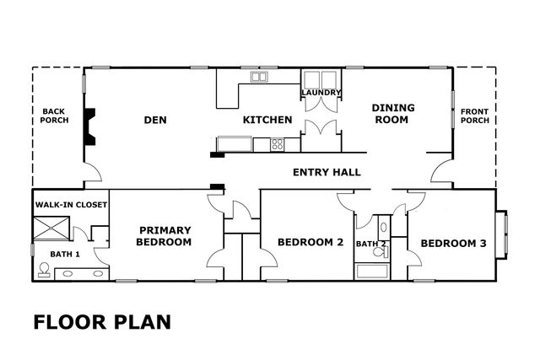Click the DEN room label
click(155, 120)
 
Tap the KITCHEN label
click(267, 120)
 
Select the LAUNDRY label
click(321, 93)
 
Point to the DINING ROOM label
click(392, 114)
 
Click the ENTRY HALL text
click(327, 172)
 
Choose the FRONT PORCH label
click(475, 116)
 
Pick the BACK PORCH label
click(54, 116)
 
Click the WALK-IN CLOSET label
click(71, 205)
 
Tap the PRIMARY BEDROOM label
click(164, 236)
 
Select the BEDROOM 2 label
click(310, 242)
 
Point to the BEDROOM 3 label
click(454, 244)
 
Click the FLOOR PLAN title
click(102, 322)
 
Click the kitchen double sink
click(259, 77)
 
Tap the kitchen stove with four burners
click(278, 144)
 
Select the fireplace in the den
click(89, 126)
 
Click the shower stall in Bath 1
click(51, 228)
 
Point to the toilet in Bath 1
click(44, 270)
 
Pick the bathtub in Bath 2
click(372, 271)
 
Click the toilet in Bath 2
click(381, 252)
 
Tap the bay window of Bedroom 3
click(502, 234)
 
